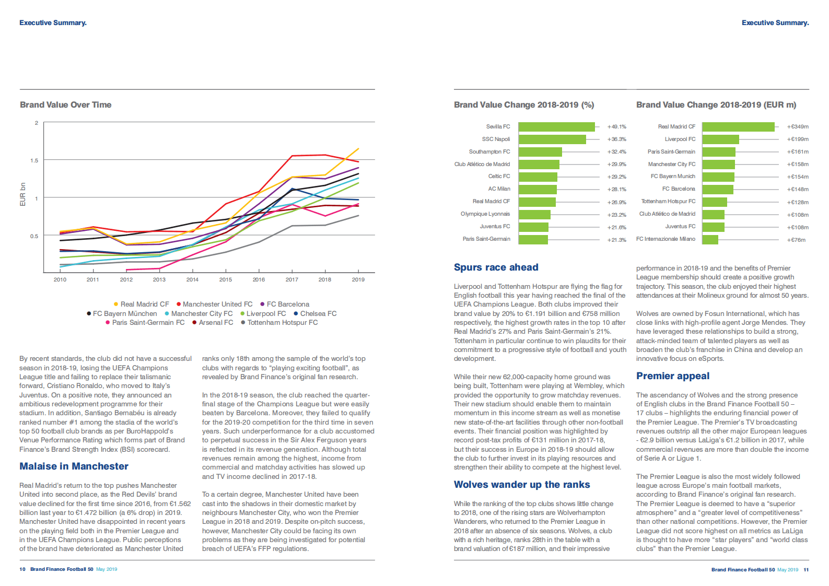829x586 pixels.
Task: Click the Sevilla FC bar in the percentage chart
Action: pos(556,127)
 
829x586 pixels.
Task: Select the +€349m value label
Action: pos(798,127)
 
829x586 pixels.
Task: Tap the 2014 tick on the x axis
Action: pos(192,279)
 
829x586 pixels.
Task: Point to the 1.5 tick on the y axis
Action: pos(34,160)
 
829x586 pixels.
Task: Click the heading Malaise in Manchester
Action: pos(74,466)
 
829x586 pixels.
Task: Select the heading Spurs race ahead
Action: pos(496,267)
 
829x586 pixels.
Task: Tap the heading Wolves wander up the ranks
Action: pos(522,485)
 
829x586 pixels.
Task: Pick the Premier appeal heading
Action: pos(673,376)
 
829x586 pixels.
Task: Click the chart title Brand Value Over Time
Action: pos(66,105)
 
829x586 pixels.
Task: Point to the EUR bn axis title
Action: pos(22,194)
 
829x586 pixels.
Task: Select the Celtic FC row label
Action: pos(499,177)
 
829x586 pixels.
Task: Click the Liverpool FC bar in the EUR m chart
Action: pos(720,139)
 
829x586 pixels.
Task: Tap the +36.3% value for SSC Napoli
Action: pos(616,139)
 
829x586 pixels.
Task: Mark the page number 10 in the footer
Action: pos(22,569)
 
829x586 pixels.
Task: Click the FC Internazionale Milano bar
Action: pos(710,240)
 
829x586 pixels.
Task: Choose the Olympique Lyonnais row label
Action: pos(485,214)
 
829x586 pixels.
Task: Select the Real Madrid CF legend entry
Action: pos(142,304)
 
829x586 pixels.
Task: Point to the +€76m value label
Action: pos(796,240)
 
